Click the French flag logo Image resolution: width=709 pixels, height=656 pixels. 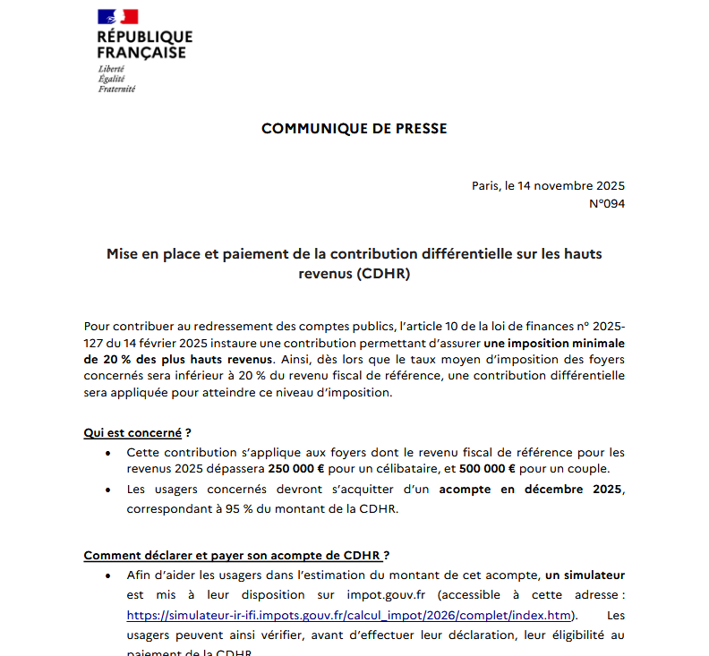pyautogui.click(x=117, y=16)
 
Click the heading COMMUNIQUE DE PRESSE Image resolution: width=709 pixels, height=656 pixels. pyautogui.click(x=354, y=129)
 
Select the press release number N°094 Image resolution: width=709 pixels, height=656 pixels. pyautogui.click(x=606, y=204)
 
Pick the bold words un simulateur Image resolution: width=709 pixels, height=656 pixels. pyautogui.click(x=585, y=574)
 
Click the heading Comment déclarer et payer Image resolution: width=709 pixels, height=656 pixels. pyautogui.click(x=236, y=555)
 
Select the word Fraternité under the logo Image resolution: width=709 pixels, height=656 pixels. pyautogui.click(x=117, y=89)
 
